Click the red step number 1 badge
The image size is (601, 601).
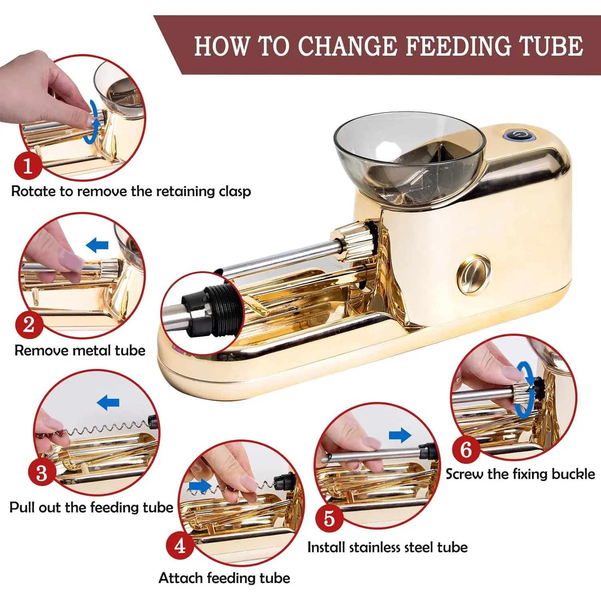[x=28, y=165]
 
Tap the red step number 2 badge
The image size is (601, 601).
[x=29, y=324]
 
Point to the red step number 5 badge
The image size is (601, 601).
[x=329, y=518]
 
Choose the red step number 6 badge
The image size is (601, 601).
[x=466, y=449]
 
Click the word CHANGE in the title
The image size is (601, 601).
[x=347, y=46]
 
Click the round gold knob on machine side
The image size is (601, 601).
[x=474, y=274]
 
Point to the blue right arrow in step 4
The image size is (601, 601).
[x=200, y=486]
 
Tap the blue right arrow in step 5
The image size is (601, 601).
[x=400, y=435]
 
